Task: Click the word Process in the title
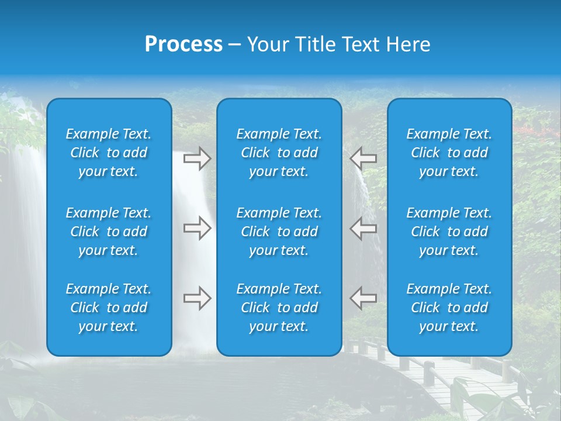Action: click(183, 44)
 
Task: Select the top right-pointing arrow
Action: click(197, 158)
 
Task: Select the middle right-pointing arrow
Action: click(197, 228)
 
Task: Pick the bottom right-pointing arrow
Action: click(197, 298)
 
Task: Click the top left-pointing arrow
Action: click(363, 158)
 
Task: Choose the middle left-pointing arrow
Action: click(363, 228)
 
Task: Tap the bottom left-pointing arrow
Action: click(363, 298)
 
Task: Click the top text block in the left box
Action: click(109, 153)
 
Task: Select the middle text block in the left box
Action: click(109, 232)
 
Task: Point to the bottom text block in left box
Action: click(109, 308)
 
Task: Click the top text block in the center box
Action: click(279, 153)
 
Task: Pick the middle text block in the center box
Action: click(279, 232)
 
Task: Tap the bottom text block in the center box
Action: click(279, 308)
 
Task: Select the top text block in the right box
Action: click(449, 153)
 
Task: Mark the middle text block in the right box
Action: click(449, 232)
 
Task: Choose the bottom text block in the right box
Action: click(449, 308)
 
